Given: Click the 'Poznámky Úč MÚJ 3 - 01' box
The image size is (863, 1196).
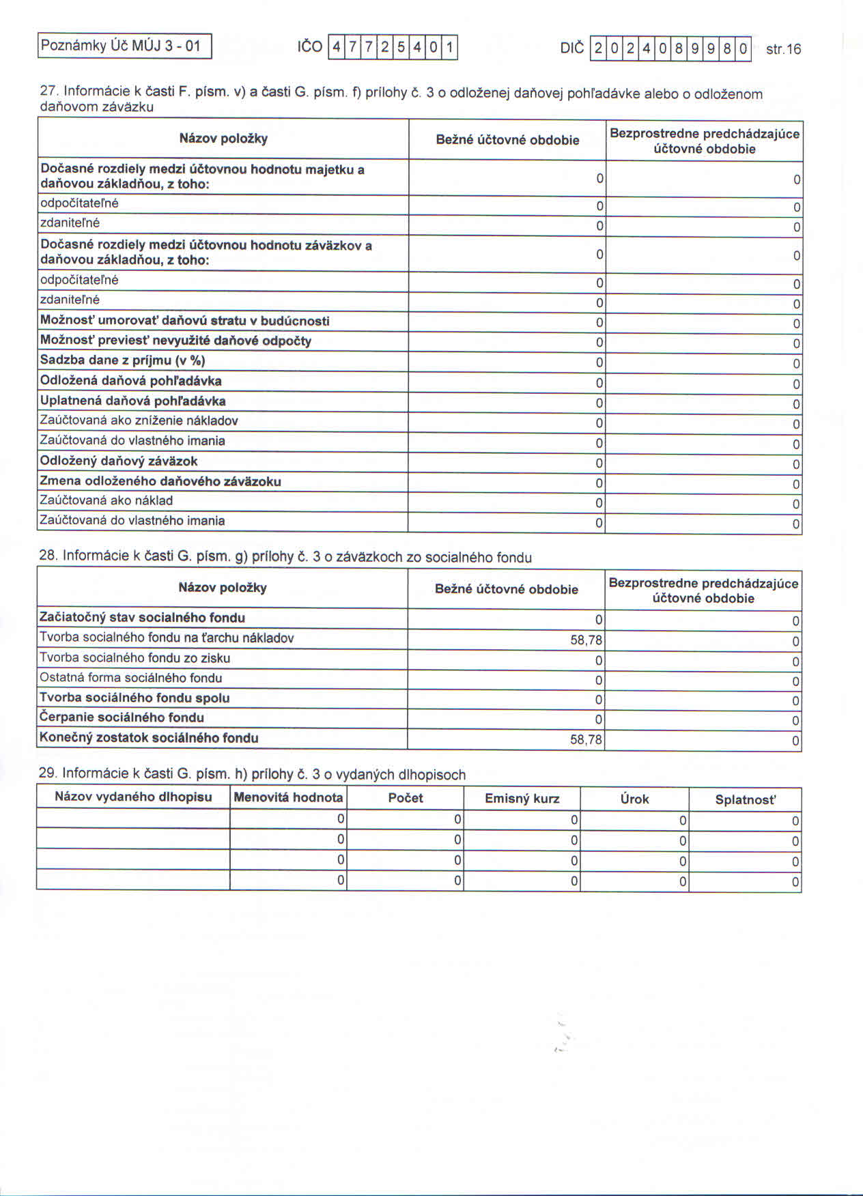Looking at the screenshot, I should point(124,46).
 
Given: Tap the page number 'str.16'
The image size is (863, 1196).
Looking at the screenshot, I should point(783,49).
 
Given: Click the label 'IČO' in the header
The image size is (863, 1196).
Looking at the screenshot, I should point(309,47).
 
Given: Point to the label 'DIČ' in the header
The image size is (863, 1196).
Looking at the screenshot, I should point(572,48).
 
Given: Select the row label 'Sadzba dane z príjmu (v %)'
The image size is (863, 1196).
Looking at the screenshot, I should point(123,360).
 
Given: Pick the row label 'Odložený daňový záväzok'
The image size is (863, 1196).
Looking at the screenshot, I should point(119,461).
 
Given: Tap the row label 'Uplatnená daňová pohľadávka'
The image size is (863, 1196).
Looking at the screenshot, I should point(133,401).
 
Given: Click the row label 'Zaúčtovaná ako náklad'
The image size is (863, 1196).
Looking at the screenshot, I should point(107,500).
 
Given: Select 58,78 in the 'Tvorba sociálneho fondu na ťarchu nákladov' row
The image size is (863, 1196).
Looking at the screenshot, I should point(586,640).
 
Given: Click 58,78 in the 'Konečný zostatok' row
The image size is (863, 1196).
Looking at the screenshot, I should point(586,739).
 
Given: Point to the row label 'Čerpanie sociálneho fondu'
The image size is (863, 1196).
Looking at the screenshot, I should point(122,717).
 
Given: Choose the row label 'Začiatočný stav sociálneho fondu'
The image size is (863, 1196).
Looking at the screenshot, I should point(142,618).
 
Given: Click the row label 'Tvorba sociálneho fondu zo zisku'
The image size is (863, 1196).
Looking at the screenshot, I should point(135,658).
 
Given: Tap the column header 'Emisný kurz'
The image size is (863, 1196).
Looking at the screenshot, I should point(522,798).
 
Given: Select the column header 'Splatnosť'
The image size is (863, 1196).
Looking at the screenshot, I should point(746,799).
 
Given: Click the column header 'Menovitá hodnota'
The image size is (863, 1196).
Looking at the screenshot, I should point(288,797).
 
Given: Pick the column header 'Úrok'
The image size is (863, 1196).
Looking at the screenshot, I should point(634,799).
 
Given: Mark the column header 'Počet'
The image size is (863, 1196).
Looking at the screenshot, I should point(406,797).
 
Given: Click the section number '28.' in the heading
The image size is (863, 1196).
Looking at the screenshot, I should point(48,555).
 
